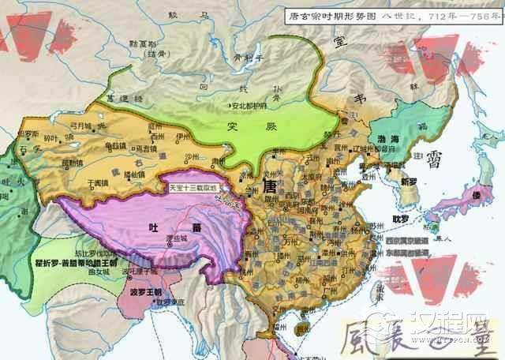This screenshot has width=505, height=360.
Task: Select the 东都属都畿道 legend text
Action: (x=412, y=252)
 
